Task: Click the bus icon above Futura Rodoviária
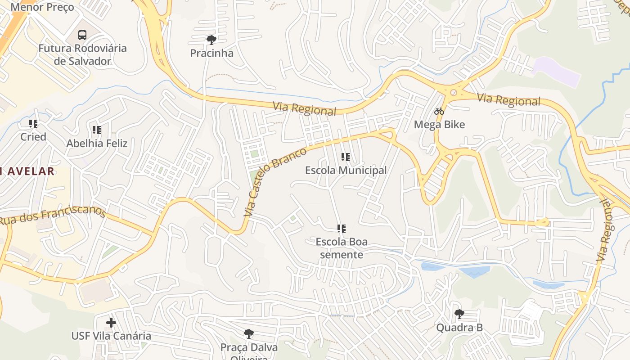pyautogui.click(x=82, y=35)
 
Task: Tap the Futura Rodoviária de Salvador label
pyautogui.click(x=82, y=54)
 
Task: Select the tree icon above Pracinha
pyautogui.click(x=211, y=40)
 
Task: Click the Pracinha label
pyautogui.click(x=211, y=53)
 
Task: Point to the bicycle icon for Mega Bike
pyautogui.click(x=439, y=111)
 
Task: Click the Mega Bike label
pyautogui.click(x=439, y=125)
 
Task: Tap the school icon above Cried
pyautogui.click(x=33, y=123)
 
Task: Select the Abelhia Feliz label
pyautogui.click(x=97, y=144)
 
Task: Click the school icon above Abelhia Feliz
pyautogui.click(x=96, y=130)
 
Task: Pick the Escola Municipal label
pyautogui.click(x=346, y=171)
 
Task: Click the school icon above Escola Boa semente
pyautogui.click(x=342, y=229)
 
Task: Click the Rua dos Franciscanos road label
pyautogui.click(x=53, y=216)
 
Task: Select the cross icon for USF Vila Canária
pyautogui.click(x=111, y=323)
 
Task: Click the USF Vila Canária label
pyautogui.click(x=111, y=336)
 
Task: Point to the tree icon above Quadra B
pyautogui.click(x=459, y=314)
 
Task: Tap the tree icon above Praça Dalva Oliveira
pyautogui.click(x=248, y=334)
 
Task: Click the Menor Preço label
pyautogui.click(x=42, y=7)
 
